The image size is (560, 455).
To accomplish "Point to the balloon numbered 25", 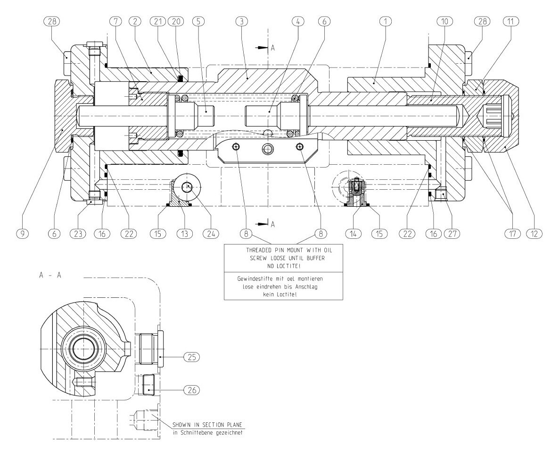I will [192, 357].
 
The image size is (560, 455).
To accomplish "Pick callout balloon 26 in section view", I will [192, 390].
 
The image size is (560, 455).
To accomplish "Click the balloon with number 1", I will [386, 21].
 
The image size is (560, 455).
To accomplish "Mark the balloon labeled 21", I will [157, 21].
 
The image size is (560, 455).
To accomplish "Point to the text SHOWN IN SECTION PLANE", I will [207, 425].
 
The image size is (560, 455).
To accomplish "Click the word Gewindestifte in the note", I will [254, 279].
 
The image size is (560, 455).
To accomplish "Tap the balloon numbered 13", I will [185, 233].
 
